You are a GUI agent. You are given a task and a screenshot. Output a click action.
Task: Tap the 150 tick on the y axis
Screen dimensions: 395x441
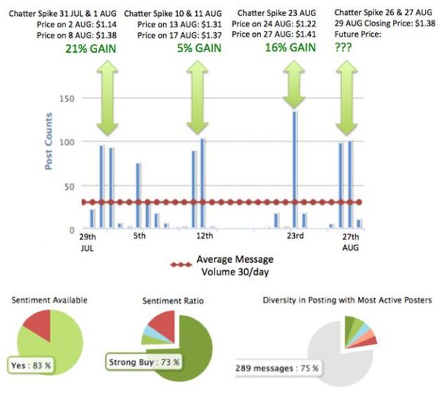[x=71, y=98]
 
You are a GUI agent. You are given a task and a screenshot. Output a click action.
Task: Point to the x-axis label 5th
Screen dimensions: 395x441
[x=140, y=236]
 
